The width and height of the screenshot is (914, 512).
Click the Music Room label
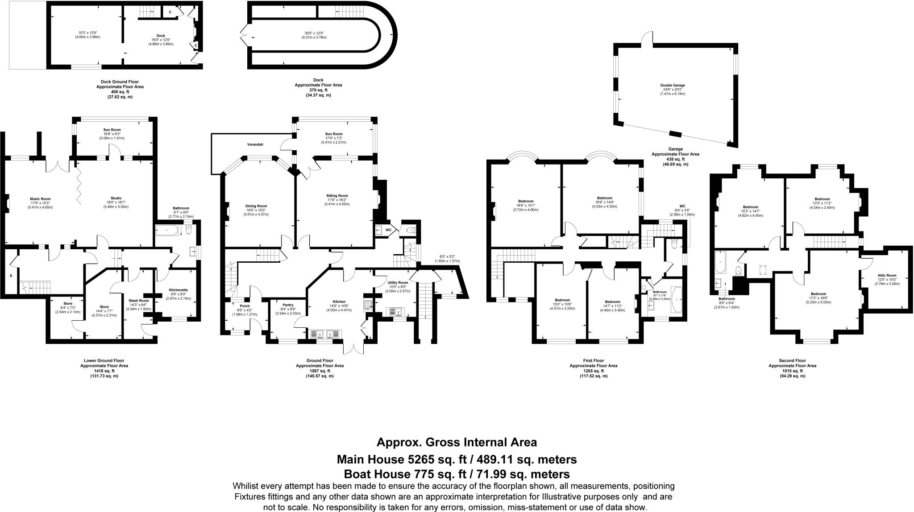tap(40, 198)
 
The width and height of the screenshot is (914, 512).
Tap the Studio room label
tap(116, 198)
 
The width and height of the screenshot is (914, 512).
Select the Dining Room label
tap(256, 206)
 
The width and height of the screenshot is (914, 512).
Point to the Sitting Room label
tap(337, 195)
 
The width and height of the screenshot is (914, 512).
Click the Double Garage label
tap(673, 85)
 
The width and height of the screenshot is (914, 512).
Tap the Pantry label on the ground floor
tap(288, 305)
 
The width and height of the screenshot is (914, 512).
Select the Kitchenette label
tap(178, 290)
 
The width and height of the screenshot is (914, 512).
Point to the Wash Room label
tap(139, 301)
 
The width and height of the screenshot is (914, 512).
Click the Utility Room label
tap(398, 282)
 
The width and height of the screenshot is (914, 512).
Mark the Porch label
tap(245, 306)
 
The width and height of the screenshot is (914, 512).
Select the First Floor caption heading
tap(593, 360)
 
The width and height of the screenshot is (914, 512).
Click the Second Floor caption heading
tap(792, 360)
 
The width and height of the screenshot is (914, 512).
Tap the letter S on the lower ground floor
tap(11, 276)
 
